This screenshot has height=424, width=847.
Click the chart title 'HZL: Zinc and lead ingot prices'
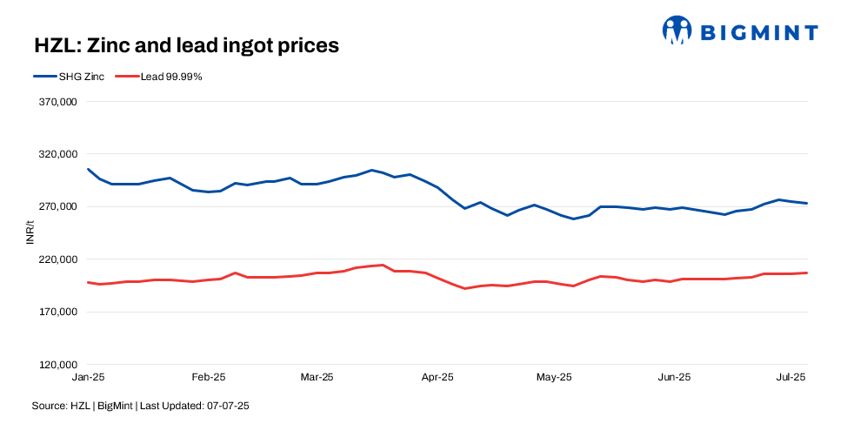[x=185, y=45]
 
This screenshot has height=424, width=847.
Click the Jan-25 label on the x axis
[x=88, y=377]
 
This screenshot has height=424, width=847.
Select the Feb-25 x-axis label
[x=208, y=377]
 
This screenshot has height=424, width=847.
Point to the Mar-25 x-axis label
[x=317, y=377]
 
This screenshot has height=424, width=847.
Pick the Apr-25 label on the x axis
[x=437, y=377]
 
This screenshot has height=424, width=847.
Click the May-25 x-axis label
[x=554, y=377]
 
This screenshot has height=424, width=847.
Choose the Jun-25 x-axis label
[x=674, y=377]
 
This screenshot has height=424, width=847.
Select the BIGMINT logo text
[x=759, y=33]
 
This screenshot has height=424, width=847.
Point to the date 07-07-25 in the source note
[x=230, y=406]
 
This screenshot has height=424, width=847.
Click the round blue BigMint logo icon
[x=677, y=30]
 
